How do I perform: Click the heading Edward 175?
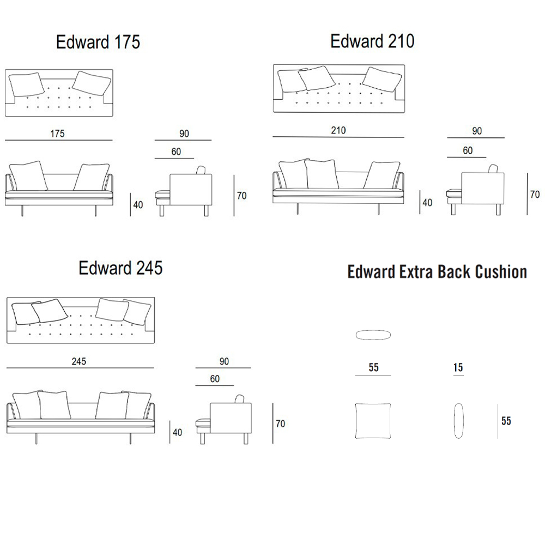98,42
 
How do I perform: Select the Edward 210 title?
372,41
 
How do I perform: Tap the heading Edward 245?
120,268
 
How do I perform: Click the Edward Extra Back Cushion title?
437,271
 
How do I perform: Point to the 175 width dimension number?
57,134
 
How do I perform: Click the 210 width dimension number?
338,130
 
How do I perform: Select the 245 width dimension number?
79,361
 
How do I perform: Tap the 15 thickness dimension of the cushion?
458,367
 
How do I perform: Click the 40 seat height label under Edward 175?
138,205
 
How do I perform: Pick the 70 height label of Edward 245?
280,423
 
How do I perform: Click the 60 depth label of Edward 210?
468,150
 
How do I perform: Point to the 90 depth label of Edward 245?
224,361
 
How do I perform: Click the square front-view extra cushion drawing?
373,421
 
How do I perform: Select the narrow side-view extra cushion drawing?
458,421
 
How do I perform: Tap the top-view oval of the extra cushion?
373,335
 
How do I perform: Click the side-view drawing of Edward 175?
184,191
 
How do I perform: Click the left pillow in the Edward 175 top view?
26,84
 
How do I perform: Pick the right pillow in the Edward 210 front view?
381,175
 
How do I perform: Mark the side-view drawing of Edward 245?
223,420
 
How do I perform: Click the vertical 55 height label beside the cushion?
506,421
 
